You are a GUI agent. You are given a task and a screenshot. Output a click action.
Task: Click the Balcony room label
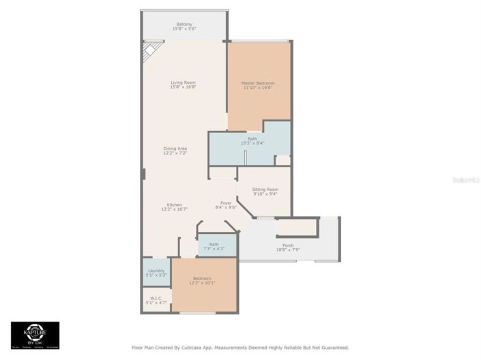point(184,24)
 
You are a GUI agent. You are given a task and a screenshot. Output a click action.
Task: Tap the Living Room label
point(183,82)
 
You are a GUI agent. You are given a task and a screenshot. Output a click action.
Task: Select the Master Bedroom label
point(258,82)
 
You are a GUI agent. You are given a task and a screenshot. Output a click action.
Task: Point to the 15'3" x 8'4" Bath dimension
point(252,143)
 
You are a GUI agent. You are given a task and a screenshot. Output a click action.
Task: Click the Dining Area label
point(175,148)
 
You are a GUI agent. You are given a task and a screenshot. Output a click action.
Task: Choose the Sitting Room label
point(265,190)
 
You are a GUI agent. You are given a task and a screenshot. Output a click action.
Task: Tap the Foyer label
point(225,202)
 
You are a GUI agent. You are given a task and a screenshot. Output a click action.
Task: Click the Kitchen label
point(175,205)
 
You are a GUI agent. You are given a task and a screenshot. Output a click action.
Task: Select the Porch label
point(288,245)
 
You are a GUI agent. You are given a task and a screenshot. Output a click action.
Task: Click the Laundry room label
point(156,271)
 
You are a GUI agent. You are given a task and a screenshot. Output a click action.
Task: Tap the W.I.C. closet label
point(156,297)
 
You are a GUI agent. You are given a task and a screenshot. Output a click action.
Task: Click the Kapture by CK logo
point(35,334)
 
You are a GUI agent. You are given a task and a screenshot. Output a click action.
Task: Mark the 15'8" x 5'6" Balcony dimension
point(184,29)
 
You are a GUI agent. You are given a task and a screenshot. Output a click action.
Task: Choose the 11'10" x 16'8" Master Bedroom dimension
point(258,87)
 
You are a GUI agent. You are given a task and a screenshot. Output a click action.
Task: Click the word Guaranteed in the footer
point(332,347)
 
